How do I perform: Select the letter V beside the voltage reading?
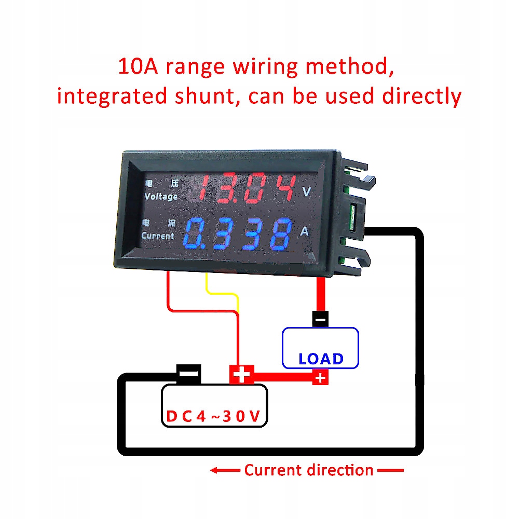(307, 192)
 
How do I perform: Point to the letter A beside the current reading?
(305, 232)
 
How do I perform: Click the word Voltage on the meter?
(161, 197)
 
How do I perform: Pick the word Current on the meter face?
(158, 236)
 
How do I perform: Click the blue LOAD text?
(321, 359)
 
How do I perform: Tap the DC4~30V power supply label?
(213, 416)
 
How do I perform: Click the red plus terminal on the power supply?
(241, 374)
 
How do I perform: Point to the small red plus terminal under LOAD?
(320, 378)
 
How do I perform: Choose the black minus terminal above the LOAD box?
(321, 318)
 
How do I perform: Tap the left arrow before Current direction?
(224, 471)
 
